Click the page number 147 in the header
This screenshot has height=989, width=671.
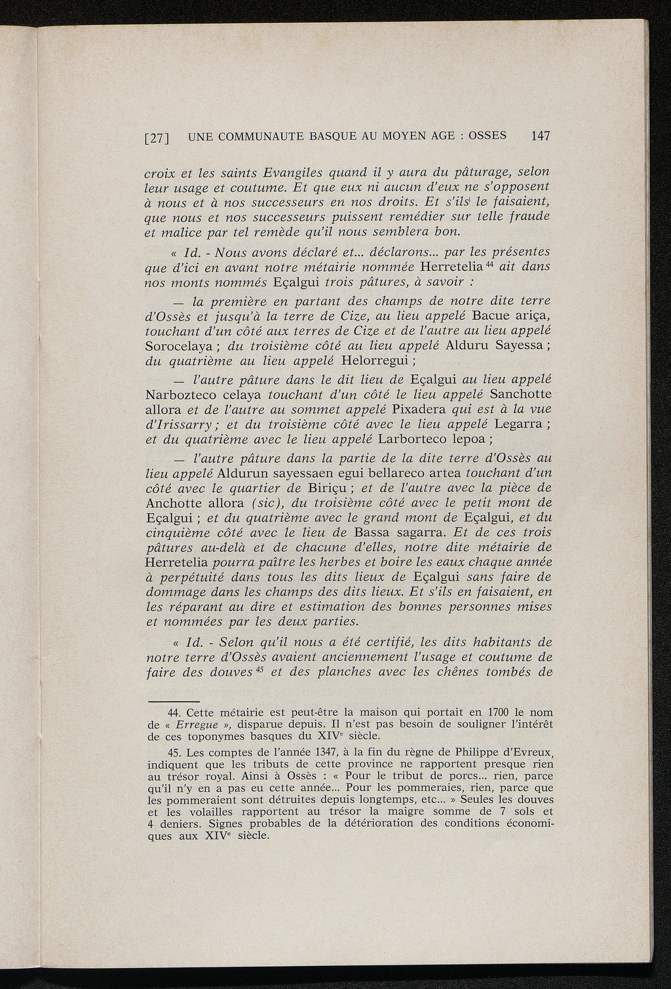tap(541, 136)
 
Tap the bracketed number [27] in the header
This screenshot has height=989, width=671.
tap(157, 138)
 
